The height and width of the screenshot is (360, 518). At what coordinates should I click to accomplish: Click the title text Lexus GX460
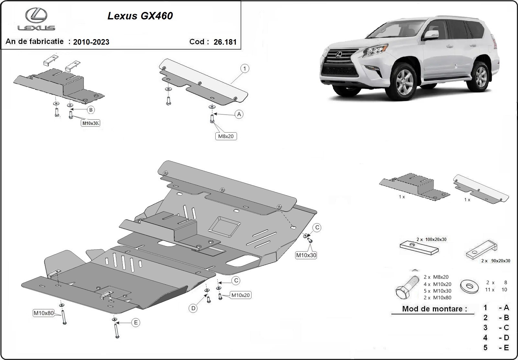[x=140, y=16]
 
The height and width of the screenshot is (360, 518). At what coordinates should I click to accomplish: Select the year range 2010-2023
[x=91, y=42]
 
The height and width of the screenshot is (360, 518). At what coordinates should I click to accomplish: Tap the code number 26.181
[x=225, y=42]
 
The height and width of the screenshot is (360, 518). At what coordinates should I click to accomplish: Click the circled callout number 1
[x=245, y=69]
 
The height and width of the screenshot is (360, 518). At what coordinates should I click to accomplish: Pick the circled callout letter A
[x=239, y=114]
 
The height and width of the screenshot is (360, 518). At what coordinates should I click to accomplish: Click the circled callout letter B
[x=91, y=110]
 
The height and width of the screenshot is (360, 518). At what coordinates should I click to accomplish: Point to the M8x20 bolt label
[x=226, y=136]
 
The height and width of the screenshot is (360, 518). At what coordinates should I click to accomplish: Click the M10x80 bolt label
[x=43, y=313]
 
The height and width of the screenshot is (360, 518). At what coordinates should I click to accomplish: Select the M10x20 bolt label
[x=240, y=295]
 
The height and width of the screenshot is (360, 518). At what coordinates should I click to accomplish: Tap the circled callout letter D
[x=193, y=309]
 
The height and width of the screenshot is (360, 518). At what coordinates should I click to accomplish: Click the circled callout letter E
[x=136, y=322]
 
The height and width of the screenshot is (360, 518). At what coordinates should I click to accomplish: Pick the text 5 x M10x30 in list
[x=437, y=291]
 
